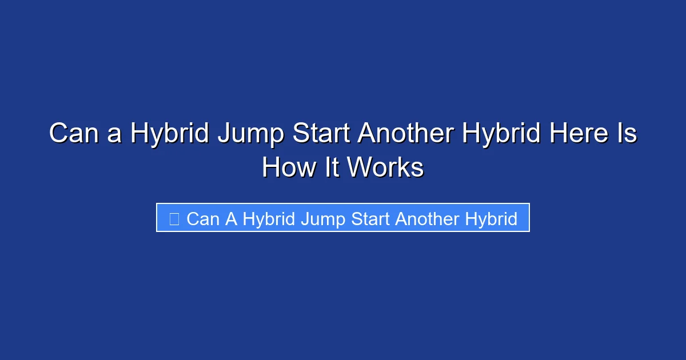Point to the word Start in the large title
[322, 134]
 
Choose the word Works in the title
[385, 168]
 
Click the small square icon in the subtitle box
[174, 219]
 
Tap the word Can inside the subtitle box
[203, 219]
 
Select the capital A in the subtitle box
[231, 219]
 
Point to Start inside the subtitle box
[372, 219]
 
